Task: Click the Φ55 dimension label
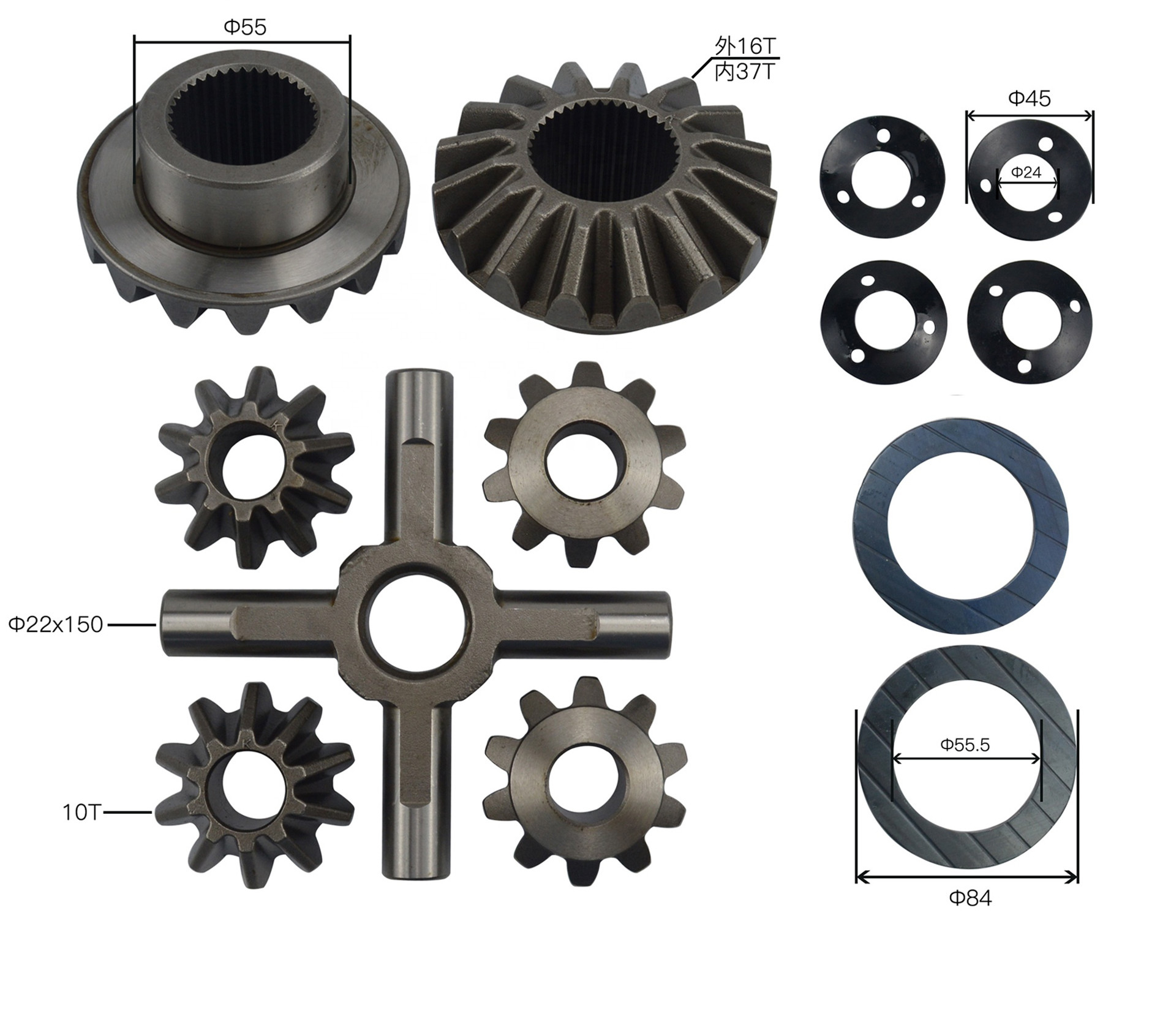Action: pos(245,28)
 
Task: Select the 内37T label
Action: pos(744,72)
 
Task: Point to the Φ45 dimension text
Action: pos(1030,98)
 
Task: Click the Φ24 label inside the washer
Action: pos(1026,173)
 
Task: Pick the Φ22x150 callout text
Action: pos(55,625)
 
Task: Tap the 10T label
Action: pos(81,813)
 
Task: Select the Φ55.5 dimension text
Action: pos(965,745)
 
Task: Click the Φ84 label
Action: pos(970,898)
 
